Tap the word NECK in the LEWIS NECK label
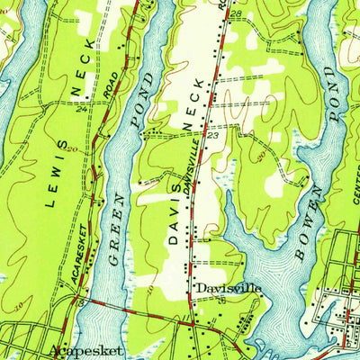coord(83,65)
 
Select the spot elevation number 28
coord(236,14)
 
